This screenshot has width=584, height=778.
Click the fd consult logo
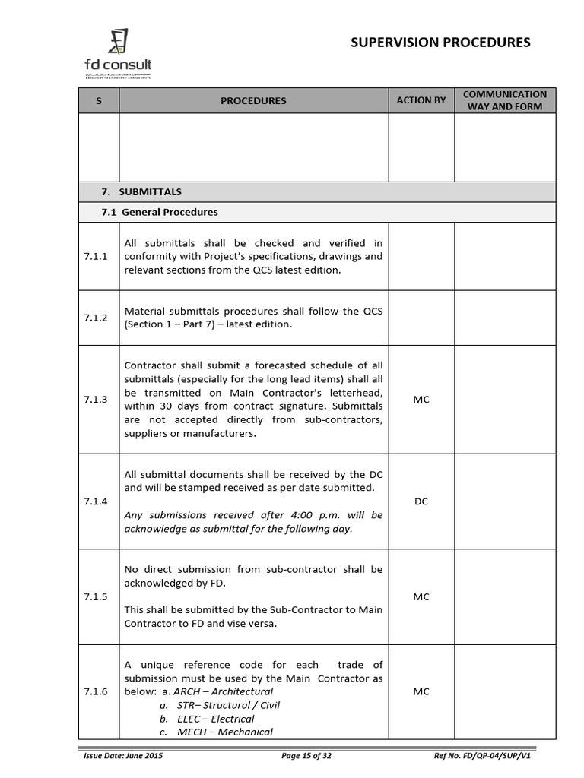click(117, 53)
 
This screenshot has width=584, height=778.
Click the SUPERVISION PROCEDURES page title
click(440, 43)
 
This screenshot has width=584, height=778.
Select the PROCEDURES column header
click(253, 100)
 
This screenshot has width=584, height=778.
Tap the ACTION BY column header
click(421, 100)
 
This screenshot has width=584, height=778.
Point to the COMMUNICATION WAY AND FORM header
click(505, 100)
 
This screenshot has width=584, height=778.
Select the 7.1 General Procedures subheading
click(160, 212)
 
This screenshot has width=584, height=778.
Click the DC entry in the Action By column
click(421, 501)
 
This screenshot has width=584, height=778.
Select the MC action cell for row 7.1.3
click(421, 400)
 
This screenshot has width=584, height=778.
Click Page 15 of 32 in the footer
click(306, 756)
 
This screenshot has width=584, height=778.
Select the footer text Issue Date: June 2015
click(122, 756)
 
